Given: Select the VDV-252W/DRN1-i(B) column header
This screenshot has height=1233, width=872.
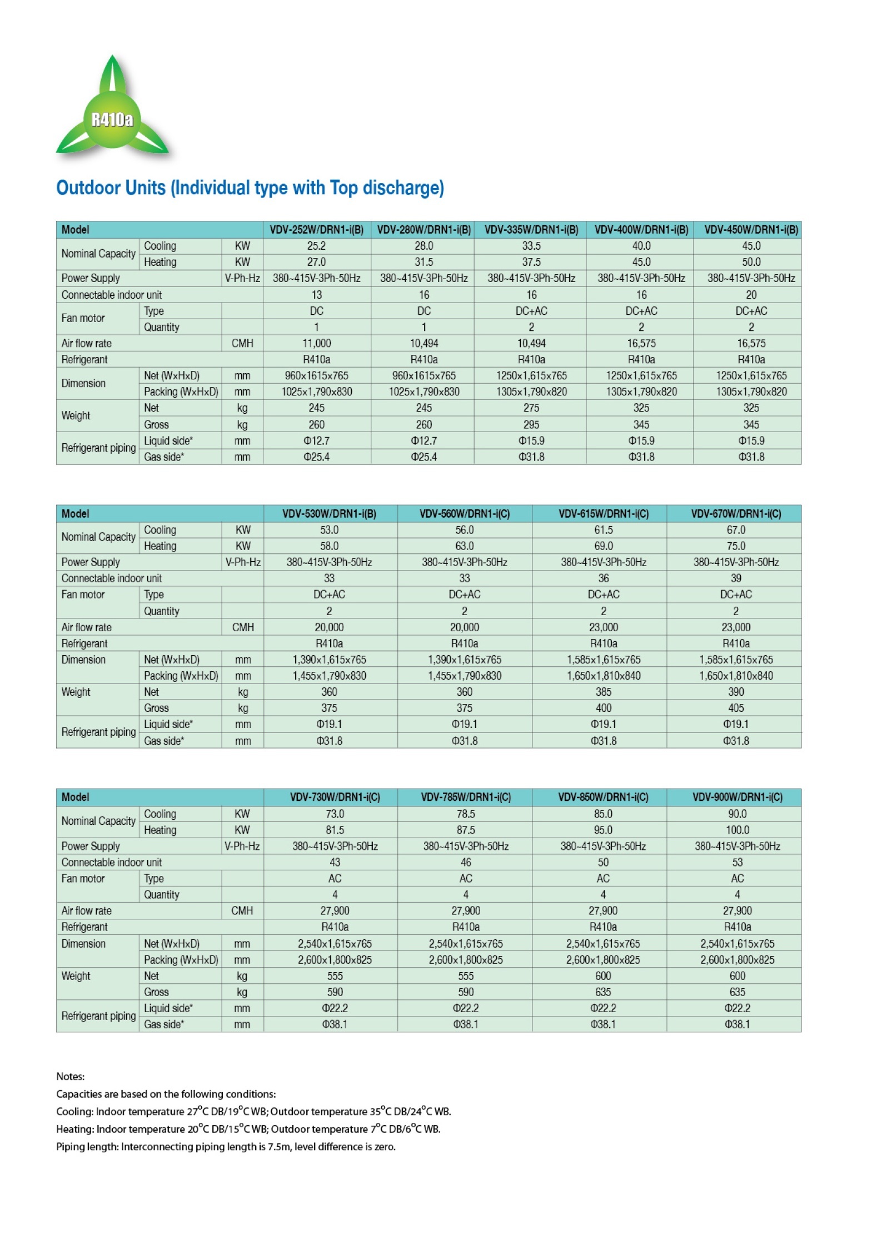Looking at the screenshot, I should [316, 230].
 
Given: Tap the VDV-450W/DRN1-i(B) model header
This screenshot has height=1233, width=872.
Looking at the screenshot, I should [751, 230].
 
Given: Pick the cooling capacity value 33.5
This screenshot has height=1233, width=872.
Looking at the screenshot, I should [531, 246].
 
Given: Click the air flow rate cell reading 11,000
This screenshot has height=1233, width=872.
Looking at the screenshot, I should [316, 343].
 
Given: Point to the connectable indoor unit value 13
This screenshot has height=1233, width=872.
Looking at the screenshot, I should [316, 295].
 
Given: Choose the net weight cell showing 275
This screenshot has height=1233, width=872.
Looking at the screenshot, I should [531, 408].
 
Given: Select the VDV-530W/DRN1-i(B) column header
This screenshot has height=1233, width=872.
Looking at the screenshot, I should [329, 514].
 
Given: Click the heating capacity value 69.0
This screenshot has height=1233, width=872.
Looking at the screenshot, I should [603, 546].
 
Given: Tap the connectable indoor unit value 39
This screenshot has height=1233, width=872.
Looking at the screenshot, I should [736, 578].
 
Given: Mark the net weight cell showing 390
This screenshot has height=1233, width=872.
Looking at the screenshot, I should [736, 692].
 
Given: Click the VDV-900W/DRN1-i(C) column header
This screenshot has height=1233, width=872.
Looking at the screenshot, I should [737, 797].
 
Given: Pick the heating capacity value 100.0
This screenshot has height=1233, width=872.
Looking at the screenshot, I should [737, 830].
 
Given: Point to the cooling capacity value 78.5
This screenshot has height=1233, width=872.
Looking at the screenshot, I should [466, 814].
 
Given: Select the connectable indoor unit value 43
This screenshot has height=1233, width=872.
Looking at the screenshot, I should [335, 862].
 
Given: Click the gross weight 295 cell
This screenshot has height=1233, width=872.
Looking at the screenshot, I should [531, 424].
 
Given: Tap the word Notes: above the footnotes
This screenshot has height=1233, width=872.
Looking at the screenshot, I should [71, 1076].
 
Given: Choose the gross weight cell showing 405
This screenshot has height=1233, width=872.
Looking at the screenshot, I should [736, 708].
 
